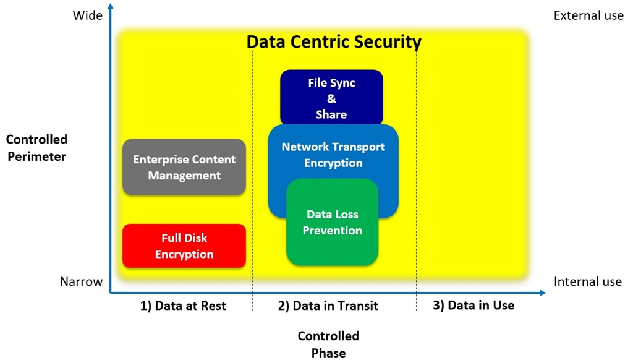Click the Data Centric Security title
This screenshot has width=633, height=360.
tap(334, 42)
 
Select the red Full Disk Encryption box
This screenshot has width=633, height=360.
tap(184, 246)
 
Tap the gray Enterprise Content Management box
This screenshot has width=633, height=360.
tap(184, 167)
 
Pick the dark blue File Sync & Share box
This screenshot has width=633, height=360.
tap(331, 98)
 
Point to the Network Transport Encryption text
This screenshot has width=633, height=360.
tap(333, 155)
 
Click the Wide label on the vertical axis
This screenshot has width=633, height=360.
tap(88, 15)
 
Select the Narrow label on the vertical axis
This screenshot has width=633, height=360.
tap(81, 281)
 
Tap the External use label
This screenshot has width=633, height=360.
tap(588, 15)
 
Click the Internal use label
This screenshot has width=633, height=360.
tap(587, 281)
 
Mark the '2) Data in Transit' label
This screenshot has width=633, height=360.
tap(328, 306)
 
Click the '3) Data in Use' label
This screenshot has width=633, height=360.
tap(472, 305)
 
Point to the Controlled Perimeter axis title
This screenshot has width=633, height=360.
tap(36, 148)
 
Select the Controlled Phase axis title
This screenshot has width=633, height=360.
tap(328, 345)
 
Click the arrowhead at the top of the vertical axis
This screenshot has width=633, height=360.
tap(110, 7)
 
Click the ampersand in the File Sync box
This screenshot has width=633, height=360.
tap(331, 98)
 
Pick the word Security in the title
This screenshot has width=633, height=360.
tap(384, 42)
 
